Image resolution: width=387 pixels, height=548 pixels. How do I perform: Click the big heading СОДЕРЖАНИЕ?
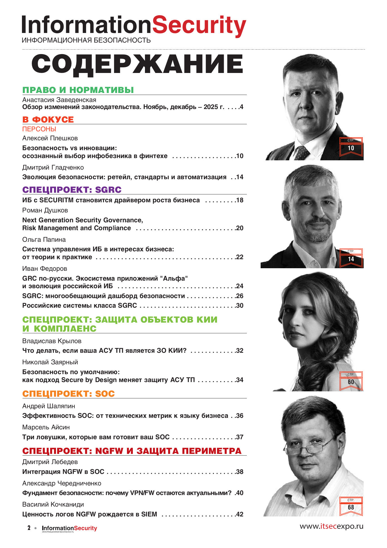click(137, 65)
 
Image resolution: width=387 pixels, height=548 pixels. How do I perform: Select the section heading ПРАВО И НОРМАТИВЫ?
click(78, 90)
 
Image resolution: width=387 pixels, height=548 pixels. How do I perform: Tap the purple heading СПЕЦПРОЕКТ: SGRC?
click(72, 190)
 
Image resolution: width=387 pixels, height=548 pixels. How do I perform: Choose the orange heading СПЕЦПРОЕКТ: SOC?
click(68, 394)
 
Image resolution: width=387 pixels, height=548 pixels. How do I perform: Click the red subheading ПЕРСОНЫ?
click(39, 129)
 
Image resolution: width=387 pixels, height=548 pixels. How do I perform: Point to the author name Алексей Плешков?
click(50, 138)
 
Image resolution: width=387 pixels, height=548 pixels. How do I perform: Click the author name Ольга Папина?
click(44, 239)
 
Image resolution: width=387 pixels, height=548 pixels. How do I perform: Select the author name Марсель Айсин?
click(46, 427)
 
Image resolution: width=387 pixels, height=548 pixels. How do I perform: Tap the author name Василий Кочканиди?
click(53, 504)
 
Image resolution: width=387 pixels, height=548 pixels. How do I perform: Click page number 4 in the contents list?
click(241, 107)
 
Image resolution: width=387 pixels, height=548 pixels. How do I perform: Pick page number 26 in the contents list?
click(240, 296)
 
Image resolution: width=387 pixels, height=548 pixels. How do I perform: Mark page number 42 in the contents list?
click(240, 514)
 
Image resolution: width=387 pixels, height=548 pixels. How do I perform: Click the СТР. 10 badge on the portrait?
click(351, 146)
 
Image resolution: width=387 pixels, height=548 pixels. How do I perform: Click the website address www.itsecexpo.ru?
click(331, 526)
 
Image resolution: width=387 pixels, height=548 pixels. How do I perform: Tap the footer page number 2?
click(29, 528)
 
